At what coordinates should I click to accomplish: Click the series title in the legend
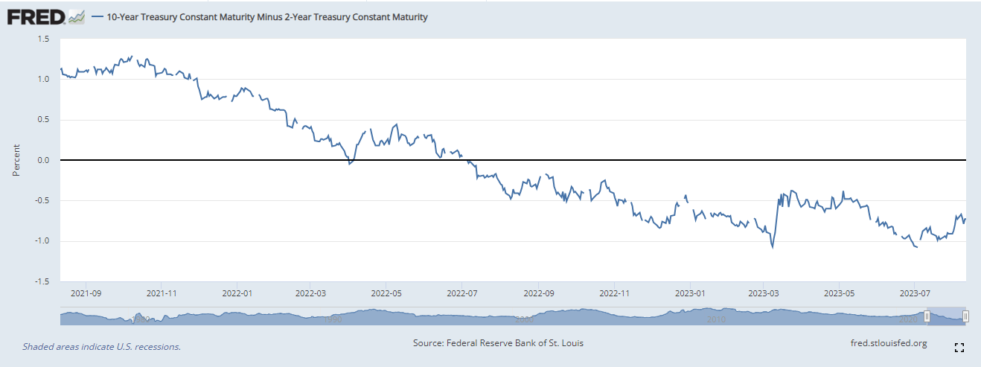(x=267, y=16)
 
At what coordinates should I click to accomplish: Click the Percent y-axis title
(x=16, y=160)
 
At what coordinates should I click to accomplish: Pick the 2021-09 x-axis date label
(x=85, y=293)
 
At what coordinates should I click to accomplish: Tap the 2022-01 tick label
(x=237, y=293)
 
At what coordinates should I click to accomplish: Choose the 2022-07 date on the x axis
(x=462, y=293)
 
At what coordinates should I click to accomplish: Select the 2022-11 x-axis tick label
(x=614, y=293)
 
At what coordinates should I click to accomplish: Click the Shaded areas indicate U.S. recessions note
(x=101, y=346)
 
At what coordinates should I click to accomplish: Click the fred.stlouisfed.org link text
(x=888, y=342)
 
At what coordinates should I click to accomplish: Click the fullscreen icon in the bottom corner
(x=959, y=347)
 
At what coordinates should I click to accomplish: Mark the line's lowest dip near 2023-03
(x=773, y=247)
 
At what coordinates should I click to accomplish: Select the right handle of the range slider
(x=965, y=316)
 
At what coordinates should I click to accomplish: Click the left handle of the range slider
(x=927, y=316)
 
